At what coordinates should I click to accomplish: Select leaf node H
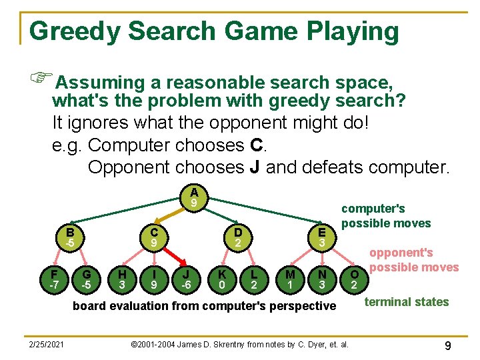pyautogui.click(x=122, y=279)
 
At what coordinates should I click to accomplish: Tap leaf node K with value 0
pyautogui.click(x=221, y=279)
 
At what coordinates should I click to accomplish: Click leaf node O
pyautogui.click(x=355, y=279)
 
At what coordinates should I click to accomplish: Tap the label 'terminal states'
pyautogui.click(x=406, y=302)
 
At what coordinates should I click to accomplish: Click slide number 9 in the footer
pyautogui.click(x=448, y=345)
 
